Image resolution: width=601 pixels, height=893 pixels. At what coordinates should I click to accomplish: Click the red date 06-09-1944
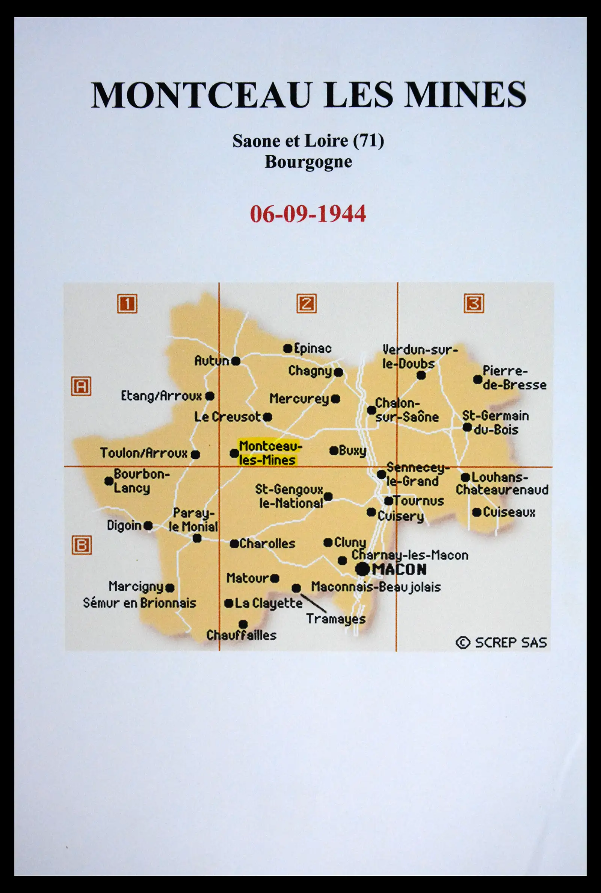point(308,214)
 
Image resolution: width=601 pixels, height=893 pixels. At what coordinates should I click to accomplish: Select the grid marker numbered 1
point(127,304)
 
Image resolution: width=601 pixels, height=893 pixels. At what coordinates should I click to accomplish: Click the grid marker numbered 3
point(474,303)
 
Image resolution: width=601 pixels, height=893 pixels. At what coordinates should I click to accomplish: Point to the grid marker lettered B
point(82,545)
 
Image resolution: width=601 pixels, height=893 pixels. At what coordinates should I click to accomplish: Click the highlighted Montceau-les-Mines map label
point(267,453)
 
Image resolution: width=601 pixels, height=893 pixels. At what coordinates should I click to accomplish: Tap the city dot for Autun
point(236,361)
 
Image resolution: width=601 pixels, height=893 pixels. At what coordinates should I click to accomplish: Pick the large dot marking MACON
point(362,569)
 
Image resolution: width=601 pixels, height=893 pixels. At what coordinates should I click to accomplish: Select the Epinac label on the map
point(313,348)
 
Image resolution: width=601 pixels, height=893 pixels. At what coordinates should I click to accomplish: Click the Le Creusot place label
point(227,417)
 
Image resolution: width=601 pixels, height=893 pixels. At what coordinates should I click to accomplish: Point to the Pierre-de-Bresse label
point(514,378)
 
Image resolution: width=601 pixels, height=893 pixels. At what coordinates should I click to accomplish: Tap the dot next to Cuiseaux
point(476,512)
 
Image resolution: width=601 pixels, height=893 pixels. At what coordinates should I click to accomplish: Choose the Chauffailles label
point(242,635)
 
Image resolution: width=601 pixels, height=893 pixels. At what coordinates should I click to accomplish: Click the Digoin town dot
point(148,526)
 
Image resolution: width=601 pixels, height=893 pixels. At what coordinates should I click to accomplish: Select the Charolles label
point(267,544)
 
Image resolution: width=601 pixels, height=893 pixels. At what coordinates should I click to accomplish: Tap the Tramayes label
point(336,619)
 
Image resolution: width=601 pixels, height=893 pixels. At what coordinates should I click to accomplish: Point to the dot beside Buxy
point(334,451)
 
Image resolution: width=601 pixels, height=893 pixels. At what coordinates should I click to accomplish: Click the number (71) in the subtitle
point(368,141)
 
